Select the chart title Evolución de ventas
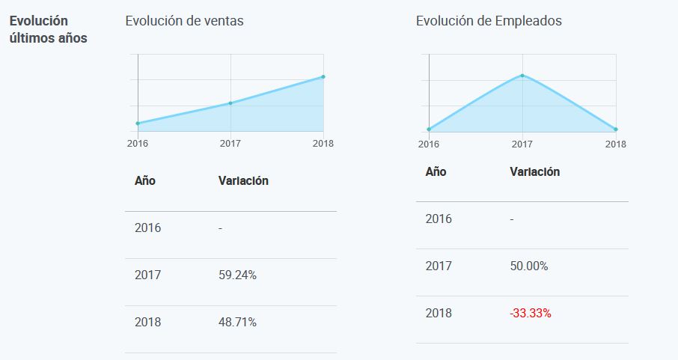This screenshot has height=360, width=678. (184, 21)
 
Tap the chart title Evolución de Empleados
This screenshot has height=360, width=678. (489, 21)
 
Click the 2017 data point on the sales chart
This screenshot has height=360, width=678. (230, 103)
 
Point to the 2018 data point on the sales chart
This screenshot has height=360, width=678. (323, 76)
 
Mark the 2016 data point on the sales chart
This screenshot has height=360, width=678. (138, 123)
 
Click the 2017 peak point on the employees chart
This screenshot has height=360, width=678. (522, 75)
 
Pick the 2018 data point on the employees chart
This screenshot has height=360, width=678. (615, 129)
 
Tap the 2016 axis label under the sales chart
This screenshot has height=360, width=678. (137, 144)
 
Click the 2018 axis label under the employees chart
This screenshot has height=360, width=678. (616, 144)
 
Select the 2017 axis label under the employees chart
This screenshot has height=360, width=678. (522, 144)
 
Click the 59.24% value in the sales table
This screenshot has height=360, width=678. (237, 275)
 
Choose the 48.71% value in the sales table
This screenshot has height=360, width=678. (237, 323)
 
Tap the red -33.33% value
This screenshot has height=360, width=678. (530, 314)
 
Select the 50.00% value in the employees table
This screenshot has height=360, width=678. (528, 266)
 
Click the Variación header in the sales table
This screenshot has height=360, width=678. (243, 180)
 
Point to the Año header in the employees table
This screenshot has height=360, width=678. (436, 171)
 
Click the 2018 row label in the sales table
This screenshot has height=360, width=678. (147, 323)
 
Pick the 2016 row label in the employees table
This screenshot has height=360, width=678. (439, 219)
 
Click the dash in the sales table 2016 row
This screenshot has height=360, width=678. (220, 228)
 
